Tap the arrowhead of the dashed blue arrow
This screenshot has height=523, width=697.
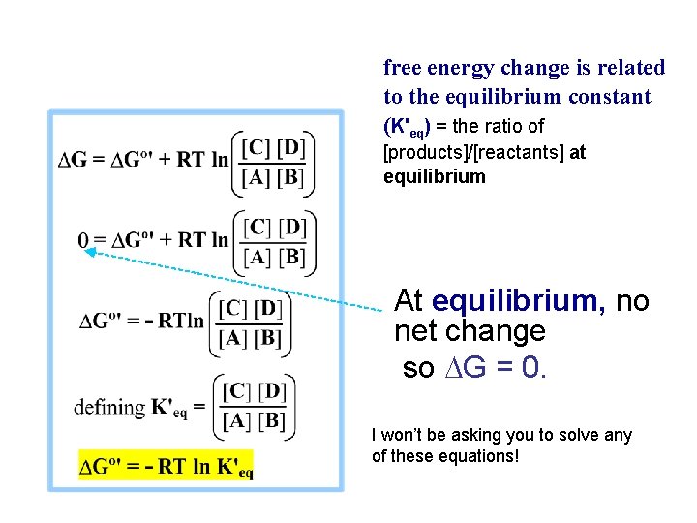86,251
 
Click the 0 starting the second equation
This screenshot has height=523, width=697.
84,239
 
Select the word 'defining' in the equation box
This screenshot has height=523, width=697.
109,407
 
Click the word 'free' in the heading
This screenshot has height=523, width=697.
403,68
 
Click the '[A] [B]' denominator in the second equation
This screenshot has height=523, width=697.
274,257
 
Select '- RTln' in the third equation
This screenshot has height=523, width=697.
174,321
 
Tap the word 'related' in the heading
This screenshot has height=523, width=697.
629,68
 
